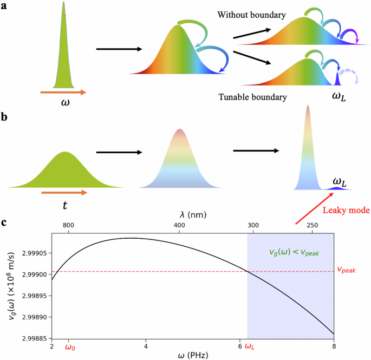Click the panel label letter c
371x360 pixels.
[x=4, y=222]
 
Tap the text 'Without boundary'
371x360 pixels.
[x=251, y=15]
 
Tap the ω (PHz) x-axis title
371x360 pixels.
[x=193, y=355]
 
